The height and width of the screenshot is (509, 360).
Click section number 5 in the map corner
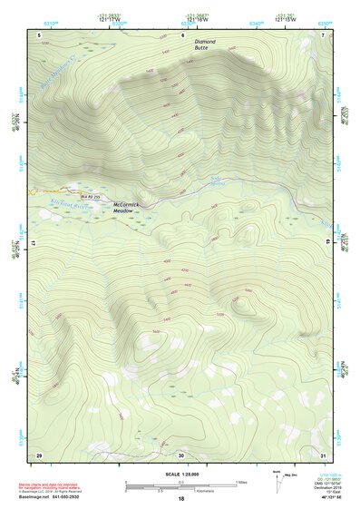pos(40,34)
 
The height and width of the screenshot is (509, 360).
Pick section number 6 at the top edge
pos(182,34)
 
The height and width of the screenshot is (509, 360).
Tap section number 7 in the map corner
pos(324,34)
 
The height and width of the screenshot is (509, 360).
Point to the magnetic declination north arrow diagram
pos(277,482)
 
